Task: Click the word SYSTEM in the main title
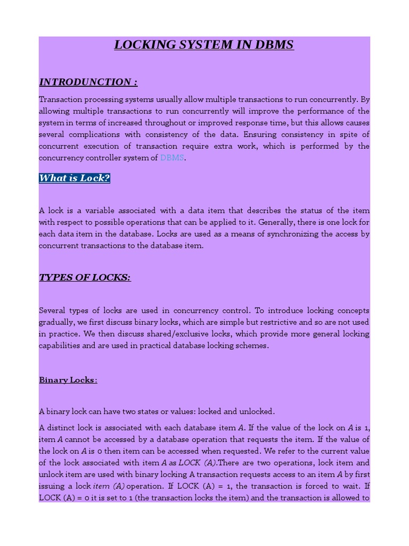[204, 45]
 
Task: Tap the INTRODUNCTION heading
[88, 82]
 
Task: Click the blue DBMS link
[172, 158]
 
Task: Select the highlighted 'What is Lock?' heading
[75, 178]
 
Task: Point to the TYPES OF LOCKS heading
[85, 278]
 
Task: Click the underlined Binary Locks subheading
[68, 380]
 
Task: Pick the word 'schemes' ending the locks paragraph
[253, 346]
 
